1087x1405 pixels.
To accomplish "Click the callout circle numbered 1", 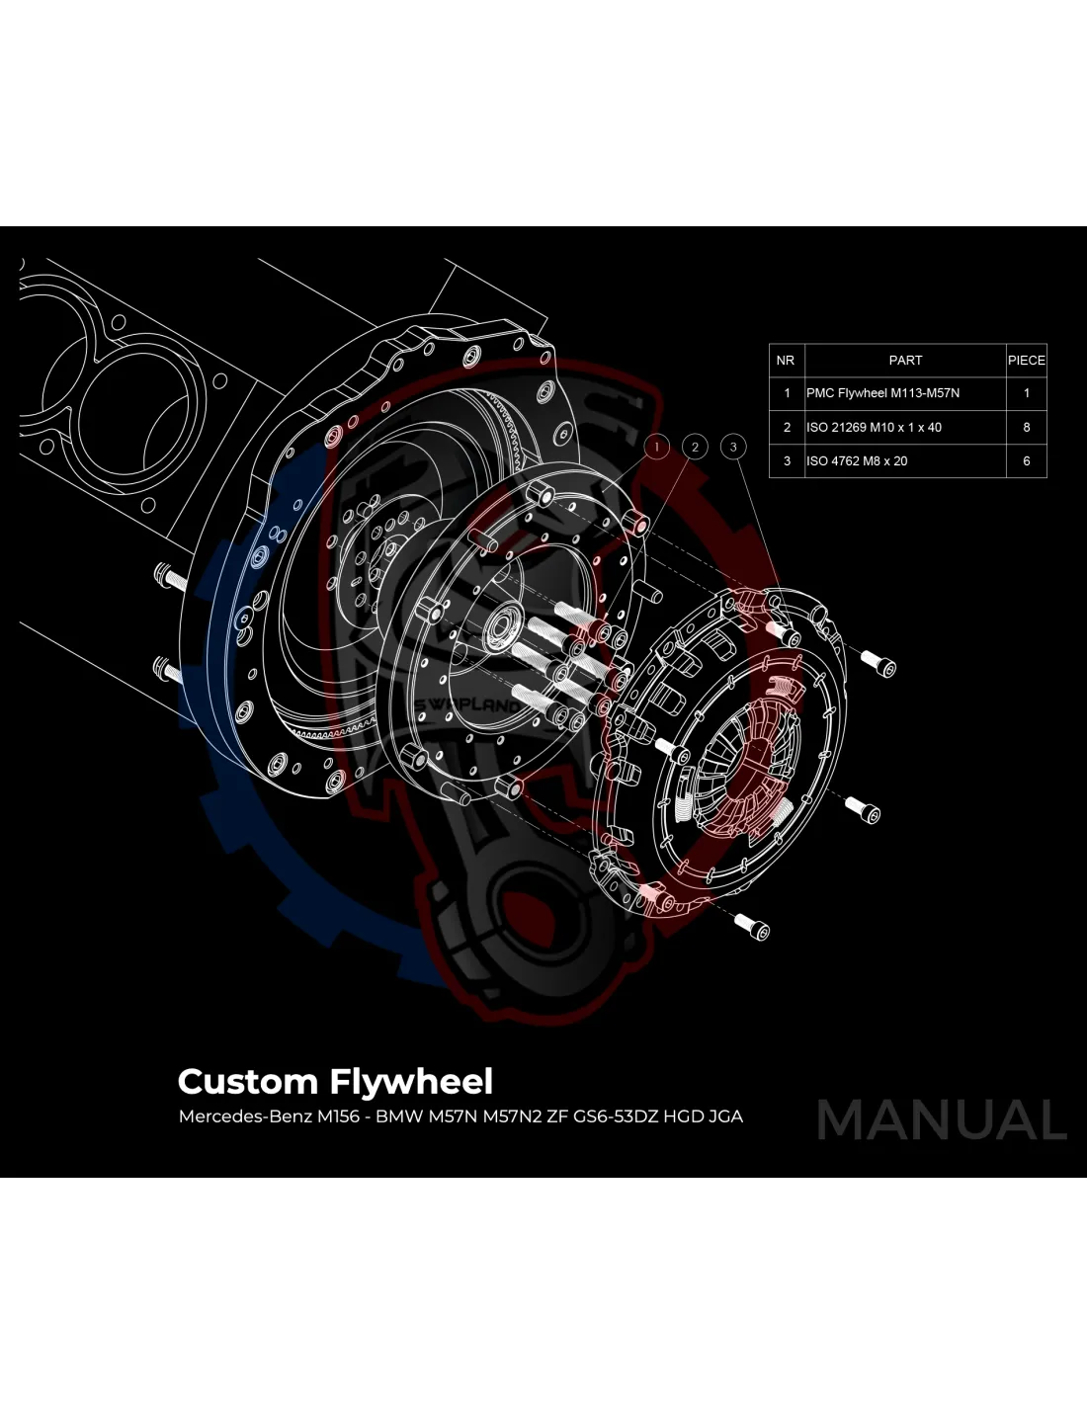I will click(657, 448).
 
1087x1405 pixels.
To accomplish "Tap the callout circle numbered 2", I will click(695, 448).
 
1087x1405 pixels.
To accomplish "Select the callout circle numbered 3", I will click(733, 448).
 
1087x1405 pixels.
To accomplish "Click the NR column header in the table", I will click(786, 361).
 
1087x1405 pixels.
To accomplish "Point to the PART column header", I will click(905, 361).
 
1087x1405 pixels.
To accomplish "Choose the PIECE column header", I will click(1026, 361).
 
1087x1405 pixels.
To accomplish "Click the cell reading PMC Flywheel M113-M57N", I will click(882, 393).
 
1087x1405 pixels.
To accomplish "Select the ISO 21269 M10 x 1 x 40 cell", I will click(874, 428).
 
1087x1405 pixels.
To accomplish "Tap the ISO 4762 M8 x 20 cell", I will click(857, 461).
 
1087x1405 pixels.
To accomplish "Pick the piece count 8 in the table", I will click(1027, 428).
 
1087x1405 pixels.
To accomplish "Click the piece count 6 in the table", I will click(1027, 461).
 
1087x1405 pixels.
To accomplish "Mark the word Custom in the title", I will click(247, 1082).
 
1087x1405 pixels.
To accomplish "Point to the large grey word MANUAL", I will click(942, 1120).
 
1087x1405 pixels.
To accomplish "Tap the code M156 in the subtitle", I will click(338, 1117).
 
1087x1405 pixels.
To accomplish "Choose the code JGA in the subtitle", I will click(725, 1117).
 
